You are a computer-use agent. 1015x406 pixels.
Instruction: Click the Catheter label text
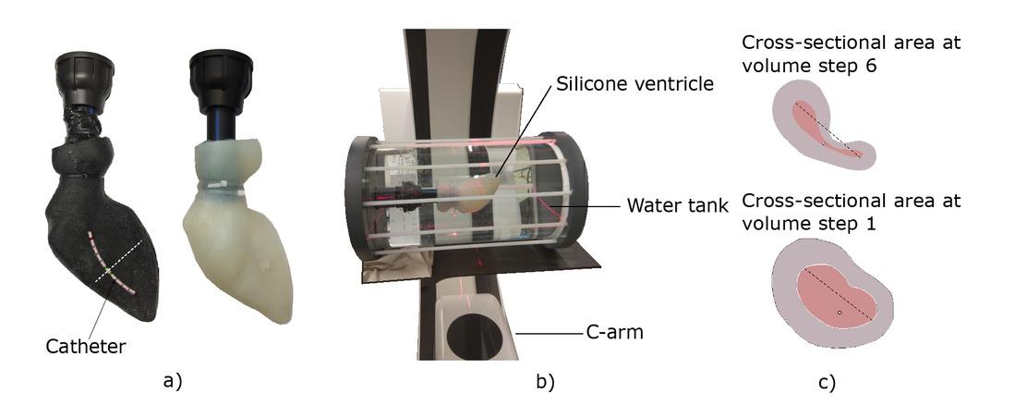tap(86, 347)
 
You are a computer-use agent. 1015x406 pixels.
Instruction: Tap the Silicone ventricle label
tap(634, 83)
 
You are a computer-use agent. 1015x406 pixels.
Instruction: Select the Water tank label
tap(678, 207)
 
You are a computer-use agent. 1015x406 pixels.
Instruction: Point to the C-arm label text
tap(614, 333)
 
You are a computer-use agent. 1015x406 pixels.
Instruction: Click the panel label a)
tap(173, 381)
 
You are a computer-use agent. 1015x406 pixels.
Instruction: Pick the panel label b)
tap(546, 382)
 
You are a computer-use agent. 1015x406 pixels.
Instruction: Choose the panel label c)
tap(827, 382)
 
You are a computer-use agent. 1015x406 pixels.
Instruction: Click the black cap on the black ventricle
tap(85, 78)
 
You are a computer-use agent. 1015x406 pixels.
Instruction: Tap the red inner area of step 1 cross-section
tap(835, 292)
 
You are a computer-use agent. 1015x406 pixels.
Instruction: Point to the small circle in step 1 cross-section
tap(839, 313)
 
